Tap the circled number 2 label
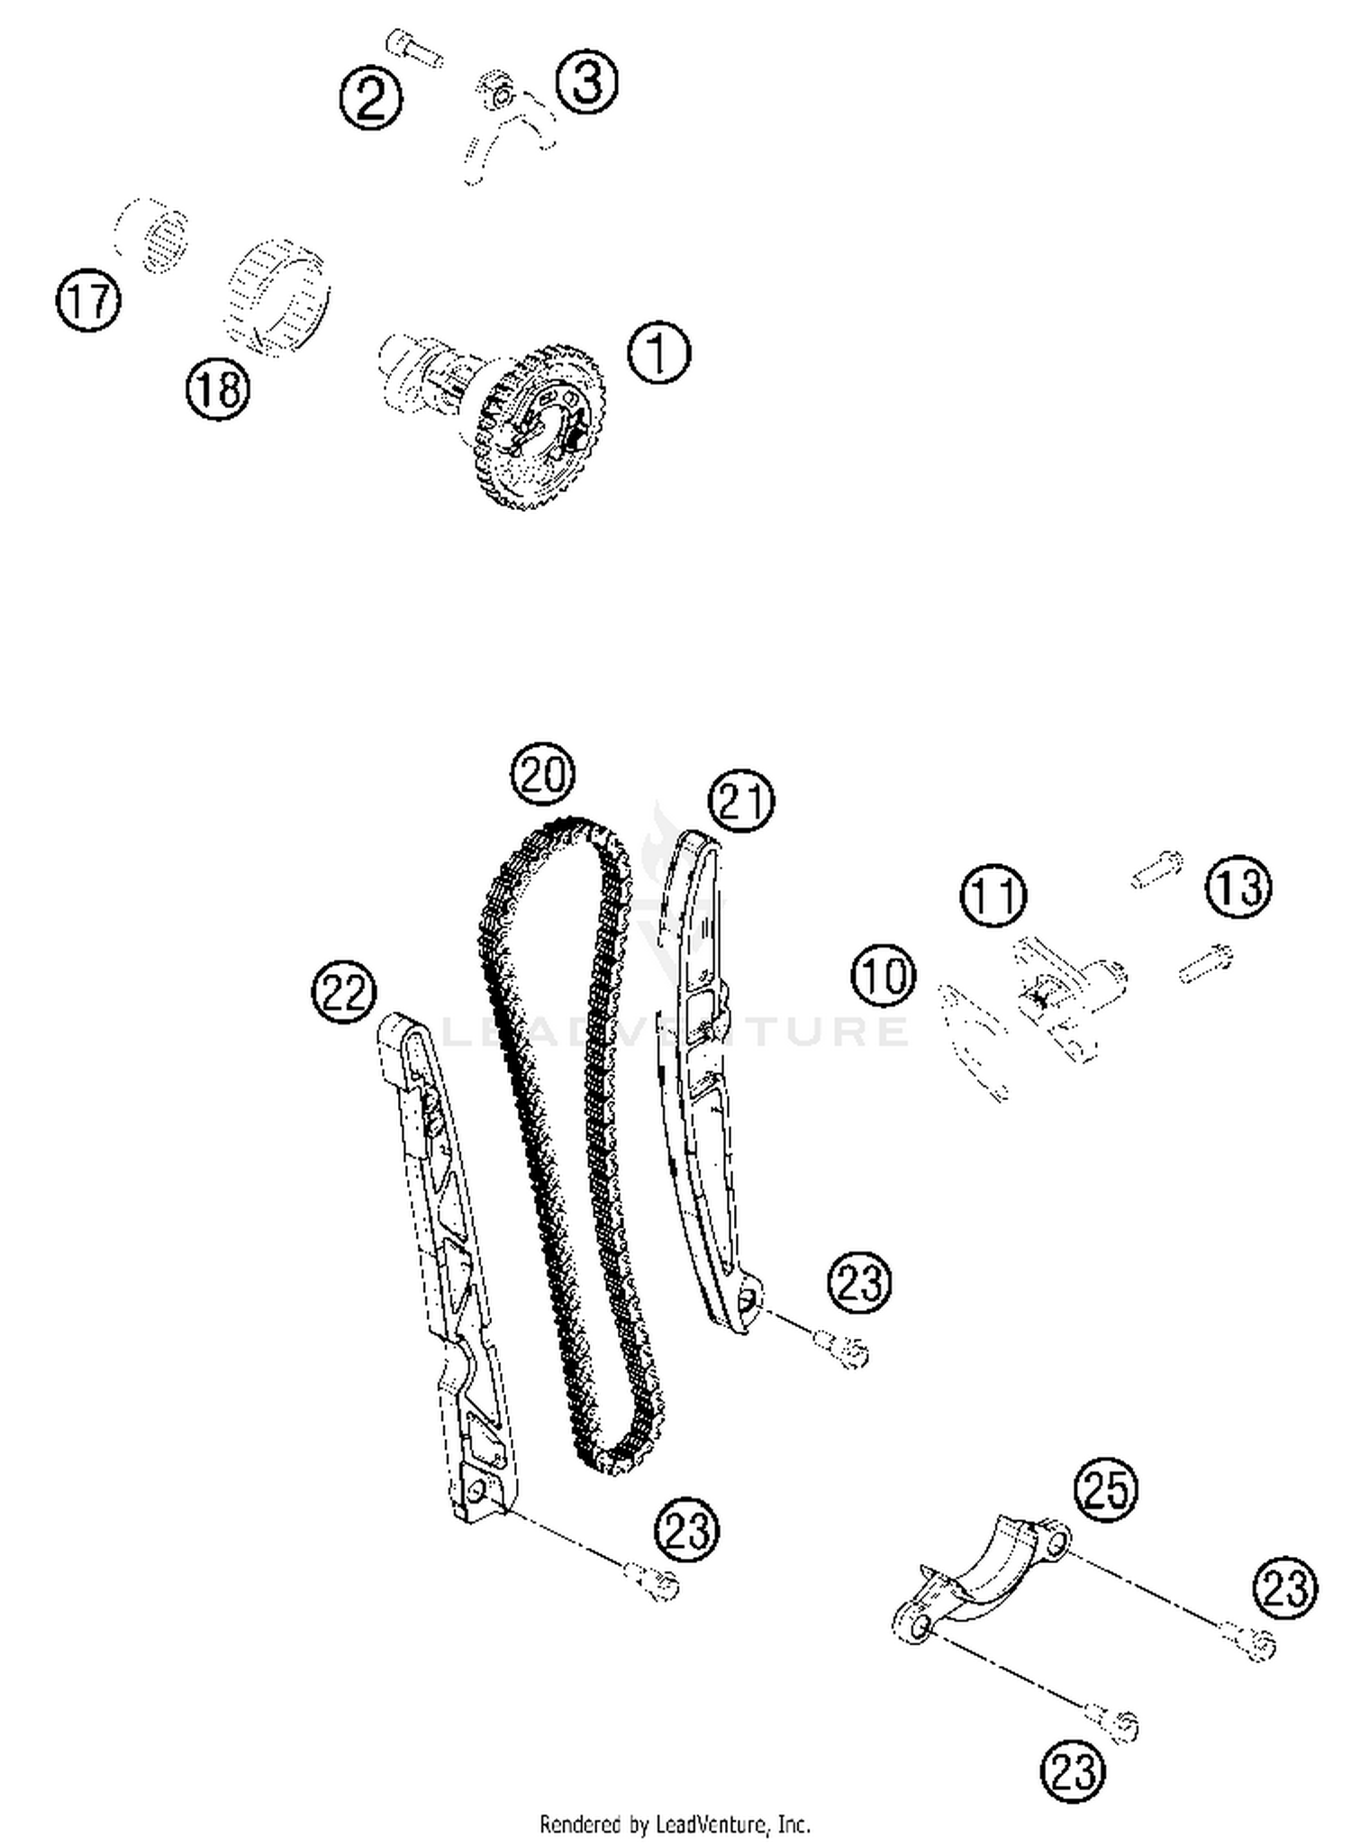pyautogui.click(x=371, y=98)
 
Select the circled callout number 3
pyautogui.click(x=586, y=82)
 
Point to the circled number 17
pyautogui.click(x=88, y=300)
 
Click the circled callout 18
pyautogui.click(x=218, y=389)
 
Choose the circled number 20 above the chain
pyautogui.click(x=543, y=774)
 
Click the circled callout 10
pyautogui.click(x=884, y=976)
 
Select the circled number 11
pyautogui.click(x=993, y=896)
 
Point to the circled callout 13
pyautogui.click(x=1239, y=887)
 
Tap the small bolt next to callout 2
pyautogui.click(x=414, y=47)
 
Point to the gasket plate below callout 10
pyautogui.click(x=971, y=1042)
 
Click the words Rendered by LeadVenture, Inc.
pyautogui.click(x=675, y=1824)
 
